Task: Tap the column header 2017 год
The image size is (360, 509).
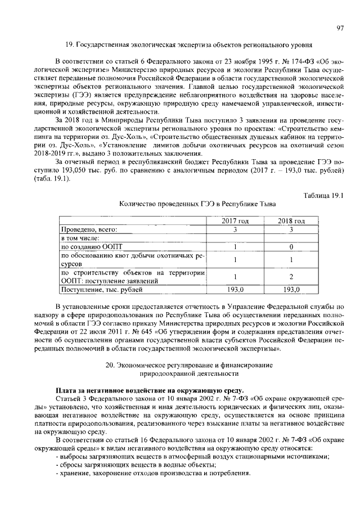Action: (x=235, y=221)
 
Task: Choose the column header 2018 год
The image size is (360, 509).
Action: (x=291, y=221)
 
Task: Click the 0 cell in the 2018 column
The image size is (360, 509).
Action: (x=291, y=246)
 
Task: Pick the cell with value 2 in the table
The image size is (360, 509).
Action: (x=291, y=276)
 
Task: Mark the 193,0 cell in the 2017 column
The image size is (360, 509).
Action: (x=235, y=290)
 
